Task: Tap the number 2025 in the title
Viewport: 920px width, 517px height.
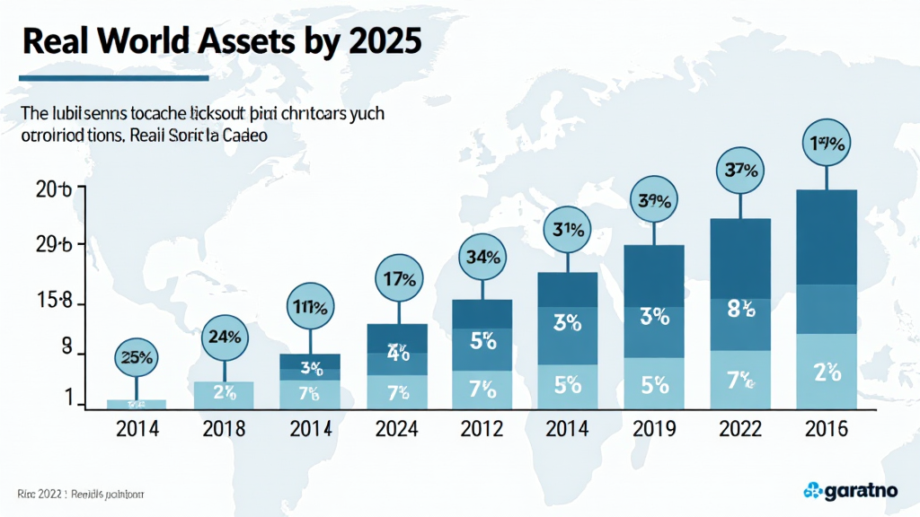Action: [x=383, y=41]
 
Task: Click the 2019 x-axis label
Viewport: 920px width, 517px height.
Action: [x=652, y=428]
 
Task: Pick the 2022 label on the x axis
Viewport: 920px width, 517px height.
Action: [x=739, y=428]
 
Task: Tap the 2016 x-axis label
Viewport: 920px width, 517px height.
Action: [x=827, y=428]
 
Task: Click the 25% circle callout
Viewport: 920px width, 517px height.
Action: [x=137, y=357]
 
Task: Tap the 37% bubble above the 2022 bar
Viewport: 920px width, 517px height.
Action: [x=739, y=169]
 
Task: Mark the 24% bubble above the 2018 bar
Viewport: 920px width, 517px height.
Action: [x=224, y=338]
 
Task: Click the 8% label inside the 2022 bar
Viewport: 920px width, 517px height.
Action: [x=739, y=310]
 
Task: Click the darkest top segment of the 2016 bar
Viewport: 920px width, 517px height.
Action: [x=827, y=236]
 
